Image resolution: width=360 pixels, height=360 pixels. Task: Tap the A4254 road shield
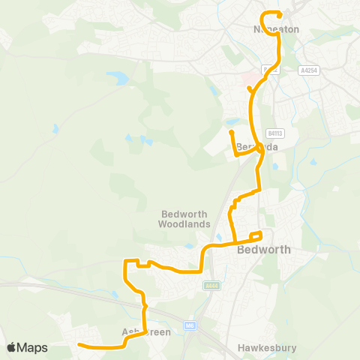coord(307,69)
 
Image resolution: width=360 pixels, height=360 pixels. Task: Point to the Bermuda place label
coord(257,147)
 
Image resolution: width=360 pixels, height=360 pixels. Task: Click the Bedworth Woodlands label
coord(178,218)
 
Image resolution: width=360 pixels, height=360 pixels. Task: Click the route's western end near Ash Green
coord(79,346)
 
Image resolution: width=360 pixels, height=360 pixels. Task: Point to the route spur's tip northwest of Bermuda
coord(231,133)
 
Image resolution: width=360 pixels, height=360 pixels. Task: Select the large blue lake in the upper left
coord(117,76)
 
